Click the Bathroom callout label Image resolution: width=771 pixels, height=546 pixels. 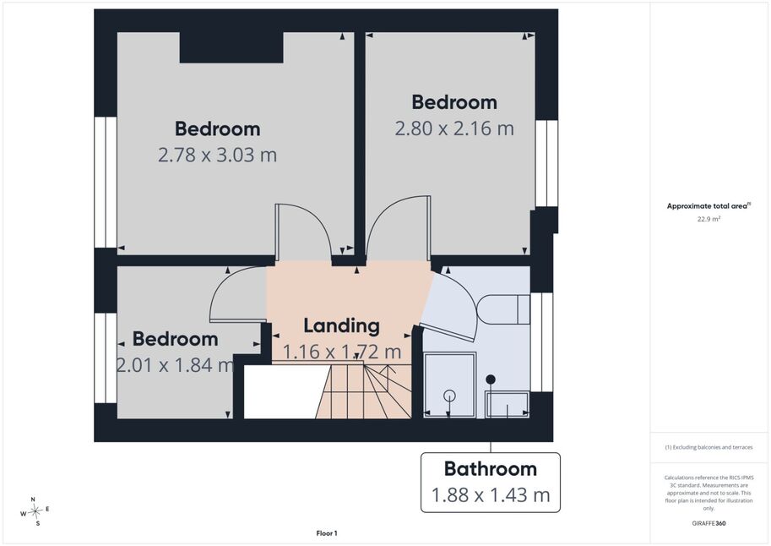click(x=491, y=469)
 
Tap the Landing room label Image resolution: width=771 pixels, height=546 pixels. click(x=342, y=326)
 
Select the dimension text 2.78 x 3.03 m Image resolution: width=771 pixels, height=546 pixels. click(x=217, y=155)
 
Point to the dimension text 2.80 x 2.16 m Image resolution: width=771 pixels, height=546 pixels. click(x=454, y=128)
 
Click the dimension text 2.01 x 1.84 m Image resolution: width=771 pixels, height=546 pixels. click(x=175, y=365)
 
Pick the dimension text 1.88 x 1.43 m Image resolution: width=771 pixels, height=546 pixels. click(x=491, y=494)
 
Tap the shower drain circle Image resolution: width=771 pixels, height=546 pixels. click(x=449, y=396)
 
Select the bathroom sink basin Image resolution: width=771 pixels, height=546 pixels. click(x=507, y=405)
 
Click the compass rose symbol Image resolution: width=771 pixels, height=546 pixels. click(x=35, y=512)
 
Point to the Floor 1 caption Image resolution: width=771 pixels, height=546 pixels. click(x=327, y=533)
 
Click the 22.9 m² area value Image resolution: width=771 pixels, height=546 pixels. click(x=709, y=219)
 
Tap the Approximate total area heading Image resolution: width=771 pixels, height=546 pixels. click(x=709, y=206)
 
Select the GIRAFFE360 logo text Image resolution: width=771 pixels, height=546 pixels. click(x=709, y=523)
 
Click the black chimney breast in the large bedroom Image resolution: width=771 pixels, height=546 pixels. click(x=231, y=47)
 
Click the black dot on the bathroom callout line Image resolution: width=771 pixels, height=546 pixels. click(x=491, y=379)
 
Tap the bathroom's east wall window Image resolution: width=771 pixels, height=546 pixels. click(x=541, y=342)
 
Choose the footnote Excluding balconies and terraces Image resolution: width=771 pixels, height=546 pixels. click(x=709, y=447)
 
